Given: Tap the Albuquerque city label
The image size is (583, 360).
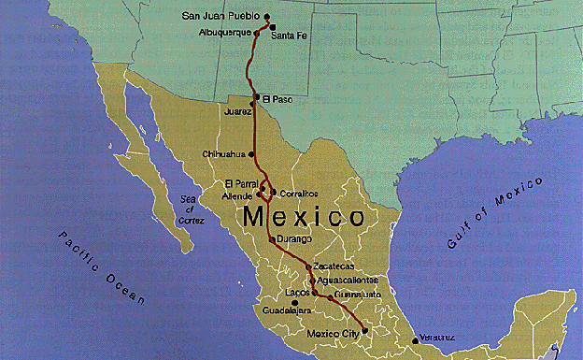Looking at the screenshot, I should tap(225, 32).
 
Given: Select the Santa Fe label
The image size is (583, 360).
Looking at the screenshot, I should tap(291, 36).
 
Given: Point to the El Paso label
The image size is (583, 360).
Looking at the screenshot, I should tap(277, 98).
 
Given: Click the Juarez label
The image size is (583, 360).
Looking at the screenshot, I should tap(238, 111).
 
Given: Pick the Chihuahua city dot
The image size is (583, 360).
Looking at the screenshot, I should tap(250, 153).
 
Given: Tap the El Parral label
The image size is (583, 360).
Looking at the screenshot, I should tap(240, 182).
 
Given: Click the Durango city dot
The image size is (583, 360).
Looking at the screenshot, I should tap(271, 239).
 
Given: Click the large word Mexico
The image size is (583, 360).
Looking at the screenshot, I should tap(304, 218).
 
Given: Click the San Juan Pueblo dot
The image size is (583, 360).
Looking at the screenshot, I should tap(267, 17).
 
